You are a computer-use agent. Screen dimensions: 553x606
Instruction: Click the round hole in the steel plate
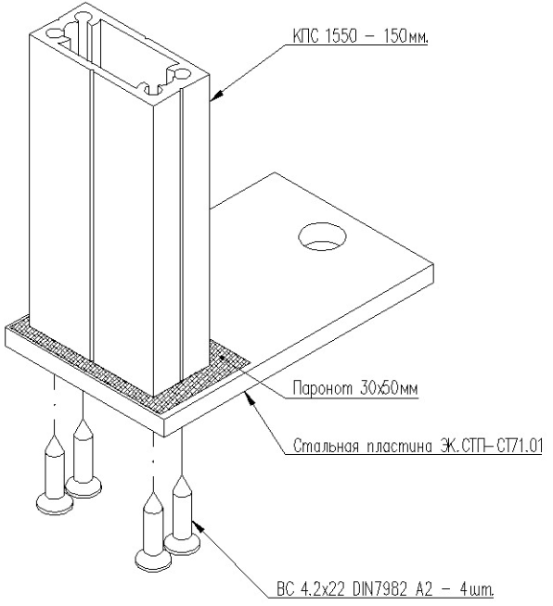[322, 236]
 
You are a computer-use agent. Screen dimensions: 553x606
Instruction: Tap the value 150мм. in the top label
[406, 36]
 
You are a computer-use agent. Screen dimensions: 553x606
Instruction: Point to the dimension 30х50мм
[389, 387]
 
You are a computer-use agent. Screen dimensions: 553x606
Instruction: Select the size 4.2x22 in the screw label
[322, 589]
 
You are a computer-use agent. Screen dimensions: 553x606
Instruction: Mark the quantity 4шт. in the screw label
[476, 589]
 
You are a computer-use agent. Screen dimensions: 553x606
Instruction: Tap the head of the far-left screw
[54, 503]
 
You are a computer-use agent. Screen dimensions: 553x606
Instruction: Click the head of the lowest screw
[153, 559]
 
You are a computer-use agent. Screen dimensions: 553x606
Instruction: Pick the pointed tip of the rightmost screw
[182, 477]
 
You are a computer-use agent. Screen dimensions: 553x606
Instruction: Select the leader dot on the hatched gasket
[222, 358]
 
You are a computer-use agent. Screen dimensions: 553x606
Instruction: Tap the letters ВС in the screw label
[285, 589]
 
